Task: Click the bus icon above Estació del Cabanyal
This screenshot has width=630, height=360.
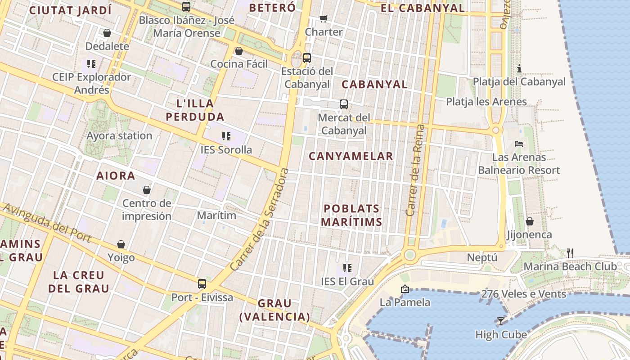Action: coord(306,58)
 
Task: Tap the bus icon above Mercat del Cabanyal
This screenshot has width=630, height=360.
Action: coord(344,104)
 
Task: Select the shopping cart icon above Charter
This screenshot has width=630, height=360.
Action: coord(323,18)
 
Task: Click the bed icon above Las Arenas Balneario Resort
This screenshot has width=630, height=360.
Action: coord(519,144)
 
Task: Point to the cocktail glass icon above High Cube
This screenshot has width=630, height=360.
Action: coord(500,321)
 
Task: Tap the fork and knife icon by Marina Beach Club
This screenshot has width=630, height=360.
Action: coord(570,253)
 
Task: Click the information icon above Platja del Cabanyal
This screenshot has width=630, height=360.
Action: coord(519,68)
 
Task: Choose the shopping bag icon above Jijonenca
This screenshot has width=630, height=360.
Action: coord(530,221)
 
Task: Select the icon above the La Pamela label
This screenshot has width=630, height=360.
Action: coord(405,289)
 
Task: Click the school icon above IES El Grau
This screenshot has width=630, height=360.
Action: coord(347,268)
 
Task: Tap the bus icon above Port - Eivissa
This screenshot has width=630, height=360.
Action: coord(202,284)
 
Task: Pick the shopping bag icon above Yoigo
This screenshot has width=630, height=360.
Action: coord(121,244)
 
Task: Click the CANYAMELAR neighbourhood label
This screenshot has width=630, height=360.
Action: coord(351,156)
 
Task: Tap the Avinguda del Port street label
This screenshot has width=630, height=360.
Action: coord(47,222)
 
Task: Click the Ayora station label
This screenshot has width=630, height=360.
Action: coord(119,136)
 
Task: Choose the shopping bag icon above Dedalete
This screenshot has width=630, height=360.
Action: coord(107,33)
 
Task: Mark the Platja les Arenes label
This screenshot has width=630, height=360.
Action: coord(486,102)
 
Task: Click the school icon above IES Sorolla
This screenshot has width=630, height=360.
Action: coord(226,136)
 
